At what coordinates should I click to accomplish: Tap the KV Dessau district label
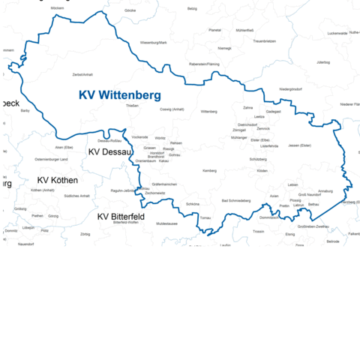coord(110,151)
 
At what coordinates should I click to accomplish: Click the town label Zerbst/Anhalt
coord(82,75)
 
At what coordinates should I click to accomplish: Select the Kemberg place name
coord(209,171)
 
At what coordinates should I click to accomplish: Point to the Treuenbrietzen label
coord(264,40)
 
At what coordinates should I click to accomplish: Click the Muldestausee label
coord(166,223)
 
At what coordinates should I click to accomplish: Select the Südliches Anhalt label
coord(77,196)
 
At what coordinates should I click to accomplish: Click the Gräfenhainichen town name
coord(164,184)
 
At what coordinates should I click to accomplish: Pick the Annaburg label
coord(325,191)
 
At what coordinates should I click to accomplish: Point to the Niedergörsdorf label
coord(290,88)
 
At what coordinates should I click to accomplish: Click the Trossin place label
coord(259,232)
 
